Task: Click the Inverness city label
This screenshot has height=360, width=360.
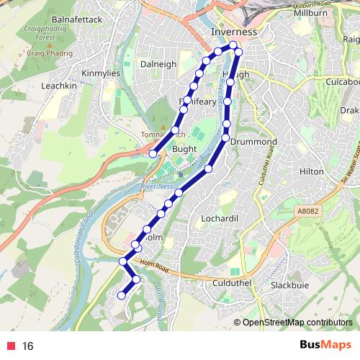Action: pyautogui.click(x=233, y=33)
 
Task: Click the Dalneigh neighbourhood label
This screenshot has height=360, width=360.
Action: pyautogui.click(x=158, y=64)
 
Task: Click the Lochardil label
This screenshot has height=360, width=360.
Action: pyautogui.click(x=220, y=217)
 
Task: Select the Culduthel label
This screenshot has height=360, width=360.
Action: pyautogui.click(x=231, y=283)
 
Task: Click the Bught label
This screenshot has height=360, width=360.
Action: pyautogui.click(x=185, y=148)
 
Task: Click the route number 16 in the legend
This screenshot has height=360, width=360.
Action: pyautogui.click(x=28, y=346)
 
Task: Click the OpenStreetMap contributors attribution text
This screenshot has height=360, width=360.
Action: pyautogui.click(x=297, y=322)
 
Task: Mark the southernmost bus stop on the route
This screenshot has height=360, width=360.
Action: pyautogui.click(x=122, y=294)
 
